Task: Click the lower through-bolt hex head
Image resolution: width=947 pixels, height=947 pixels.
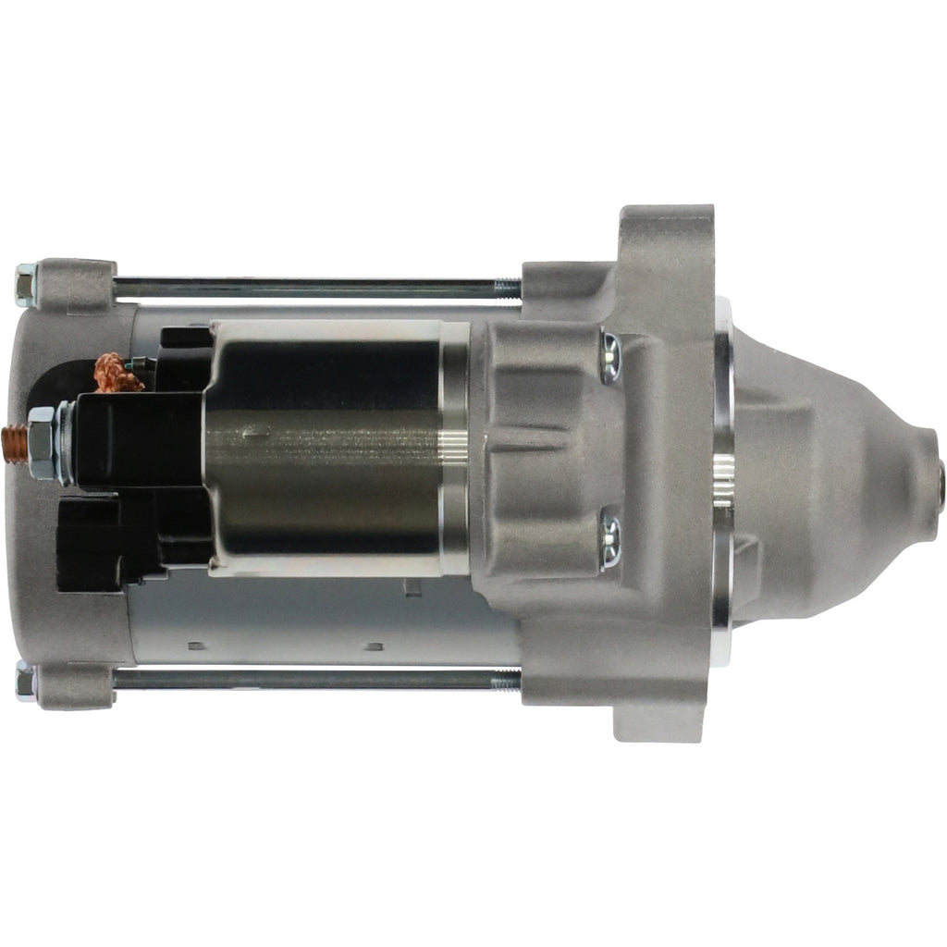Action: point(26,682)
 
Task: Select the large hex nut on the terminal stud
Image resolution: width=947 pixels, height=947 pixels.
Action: point(42,442)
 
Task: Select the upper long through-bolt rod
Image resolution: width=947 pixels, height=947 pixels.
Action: point(305,286)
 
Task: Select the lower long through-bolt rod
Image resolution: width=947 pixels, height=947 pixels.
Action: point(305,680)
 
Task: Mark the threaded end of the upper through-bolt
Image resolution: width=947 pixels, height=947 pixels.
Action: point(507,286)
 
